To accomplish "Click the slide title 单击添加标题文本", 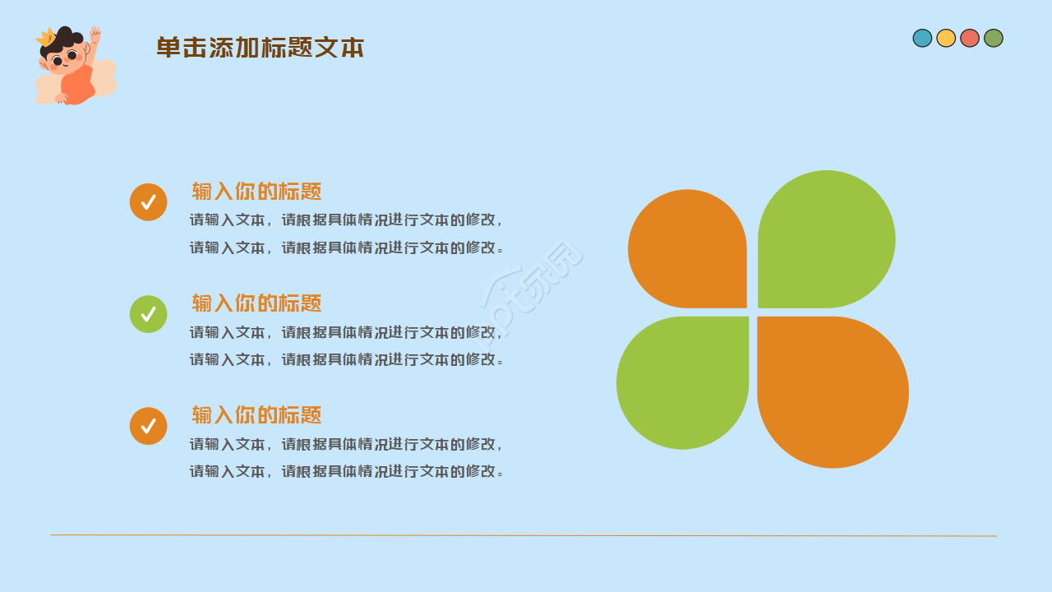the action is [x=260, y=48].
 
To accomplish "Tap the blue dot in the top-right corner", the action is [x=922, y=38].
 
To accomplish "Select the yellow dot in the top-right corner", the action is [x=946, y=38].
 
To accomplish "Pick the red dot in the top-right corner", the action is [x=970, y=38].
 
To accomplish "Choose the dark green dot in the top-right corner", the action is [x=994, y=38].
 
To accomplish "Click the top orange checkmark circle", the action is [x=149, y=202].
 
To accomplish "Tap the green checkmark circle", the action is [x=149, y=314].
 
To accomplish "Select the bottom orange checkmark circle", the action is [x=149, y=426].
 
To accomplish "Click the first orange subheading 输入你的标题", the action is [x=256, y=192].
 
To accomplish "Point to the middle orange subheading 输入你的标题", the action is [x=256, y=303].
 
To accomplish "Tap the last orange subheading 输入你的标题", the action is [x=256, y=415].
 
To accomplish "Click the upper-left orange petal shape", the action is [x=688, y=249].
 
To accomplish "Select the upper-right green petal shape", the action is [x=827, y=239].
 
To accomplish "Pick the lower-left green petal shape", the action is [x=683, y=383].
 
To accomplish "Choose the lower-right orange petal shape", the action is [x=833, y=392].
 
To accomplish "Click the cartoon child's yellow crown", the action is [x=47, y=37].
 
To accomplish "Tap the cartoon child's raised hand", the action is [x=95, y=35].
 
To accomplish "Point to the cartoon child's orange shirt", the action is [x=78, y=86].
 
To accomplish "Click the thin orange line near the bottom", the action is [x=524, y=535].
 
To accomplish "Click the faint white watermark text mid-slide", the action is [x=531, y=296].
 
